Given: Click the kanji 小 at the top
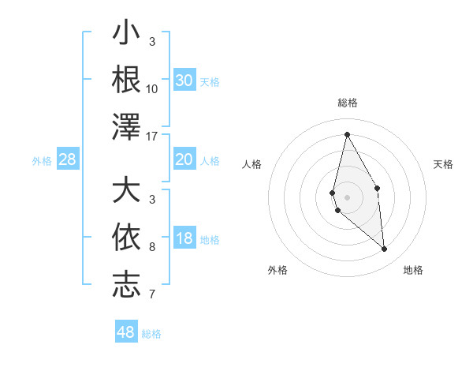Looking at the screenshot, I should point(127,35).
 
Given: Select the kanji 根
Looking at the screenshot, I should point(127,79).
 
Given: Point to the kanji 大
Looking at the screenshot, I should point(127,191).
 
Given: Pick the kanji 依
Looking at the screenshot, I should point(127,237).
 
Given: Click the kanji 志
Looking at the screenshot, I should point(127,284).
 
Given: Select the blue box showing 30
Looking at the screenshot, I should point(184,80).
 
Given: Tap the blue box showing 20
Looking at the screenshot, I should point(184,159).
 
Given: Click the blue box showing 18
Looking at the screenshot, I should point(184,239).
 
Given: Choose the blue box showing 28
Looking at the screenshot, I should point(68,160).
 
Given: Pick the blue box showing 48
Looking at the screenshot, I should point(126,332).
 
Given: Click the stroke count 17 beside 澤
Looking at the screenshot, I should point(153,136).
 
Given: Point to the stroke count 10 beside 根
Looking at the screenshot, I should point(152,88).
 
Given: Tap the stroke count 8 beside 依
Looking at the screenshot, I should point(152,247).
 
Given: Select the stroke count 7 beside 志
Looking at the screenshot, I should point(152,295).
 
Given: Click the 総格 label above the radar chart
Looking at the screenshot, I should point(347,103).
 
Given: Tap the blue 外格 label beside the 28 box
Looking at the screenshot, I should point(42,161).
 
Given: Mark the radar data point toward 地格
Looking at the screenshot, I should point(385,249).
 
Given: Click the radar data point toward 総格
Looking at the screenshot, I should point(347,133).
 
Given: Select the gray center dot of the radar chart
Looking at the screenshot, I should point(347,197).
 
